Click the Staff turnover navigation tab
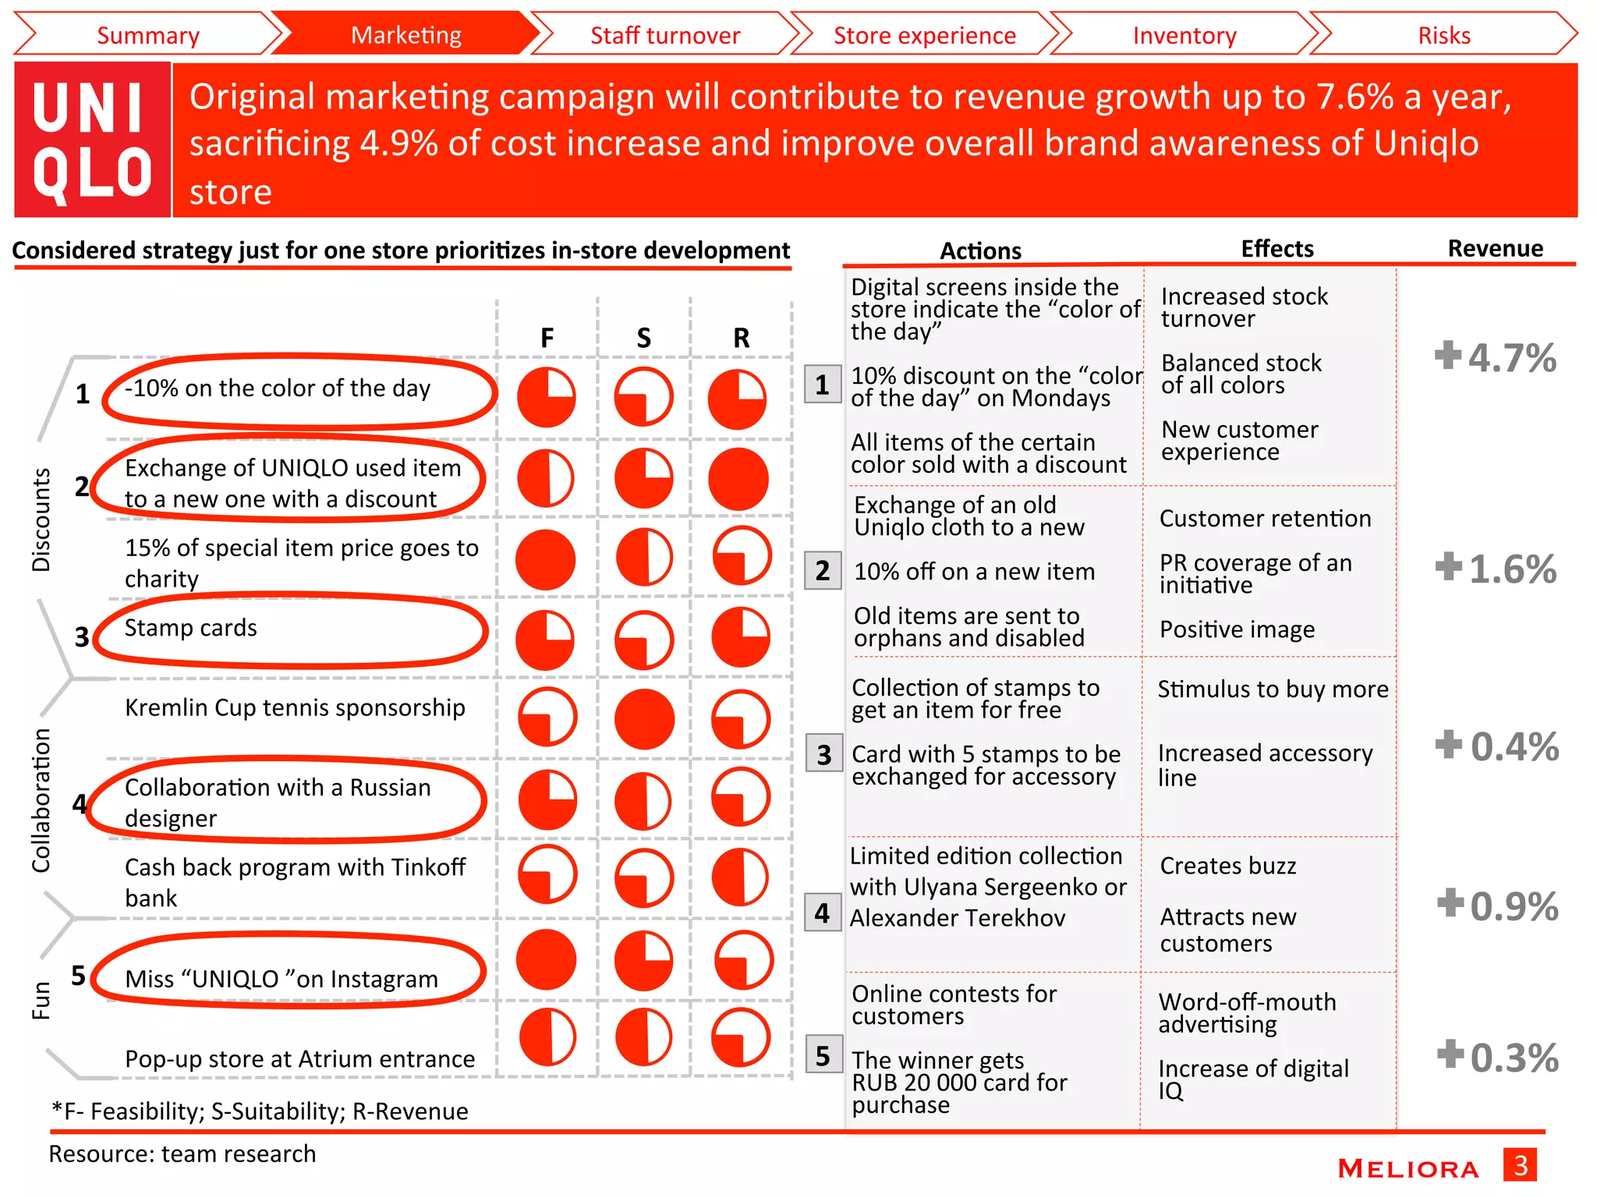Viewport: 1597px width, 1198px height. [664, 35]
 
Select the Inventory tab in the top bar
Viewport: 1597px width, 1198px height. [1184, 35]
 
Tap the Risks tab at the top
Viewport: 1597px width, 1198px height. [1443, 35]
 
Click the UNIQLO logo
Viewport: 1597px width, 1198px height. [92, 140]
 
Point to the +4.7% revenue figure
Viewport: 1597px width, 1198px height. [1496, 358]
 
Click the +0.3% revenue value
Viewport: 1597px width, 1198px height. [1498, 1058]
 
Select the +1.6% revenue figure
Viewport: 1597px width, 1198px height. [1496, 569]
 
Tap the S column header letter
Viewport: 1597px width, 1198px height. [643, 338]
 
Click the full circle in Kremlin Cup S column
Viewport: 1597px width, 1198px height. [644, 718]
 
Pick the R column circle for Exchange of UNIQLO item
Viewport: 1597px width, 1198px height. [738, 479]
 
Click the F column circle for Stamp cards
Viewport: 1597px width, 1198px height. [545, 640]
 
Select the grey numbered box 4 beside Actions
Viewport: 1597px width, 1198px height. [823, 913]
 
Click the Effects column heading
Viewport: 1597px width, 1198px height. [1277, 249]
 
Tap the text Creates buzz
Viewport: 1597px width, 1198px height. [1227, 866]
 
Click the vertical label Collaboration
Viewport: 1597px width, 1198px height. [41, 800]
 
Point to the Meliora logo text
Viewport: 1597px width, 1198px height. [1408, 1168]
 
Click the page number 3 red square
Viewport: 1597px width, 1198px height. [1520, 1165]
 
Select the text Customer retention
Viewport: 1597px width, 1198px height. [1264, 519]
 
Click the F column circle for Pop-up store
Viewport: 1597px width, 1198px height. [547, 1037]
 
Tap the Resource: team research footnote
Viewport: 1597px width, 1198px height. [182, 1154]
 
